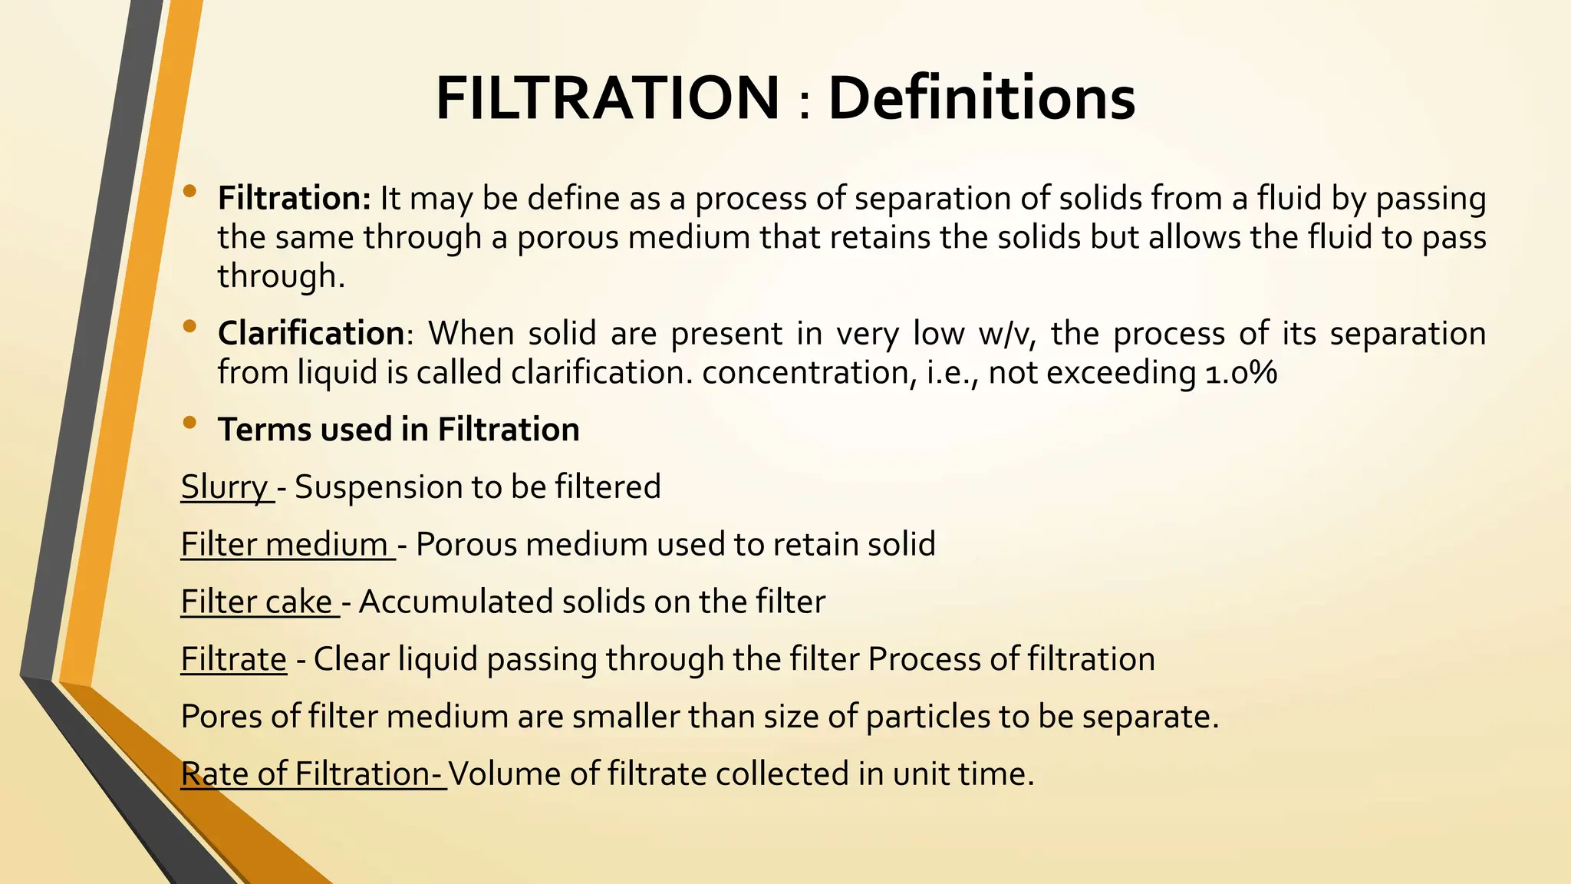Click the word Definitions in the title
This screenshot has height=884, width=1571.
pyautogui.click(x=981, y=98)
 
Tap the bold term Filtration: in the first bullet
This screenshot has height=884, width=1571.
pyautogui.click(x=295, y=198)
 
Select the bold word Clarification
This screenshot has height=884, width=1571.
pyautogui.click(x=311, y=333)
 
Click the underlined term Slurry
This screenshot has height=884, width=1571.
pyautogui.click(x=225, y=487)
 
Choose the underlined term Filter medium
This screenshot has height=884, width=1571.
pyautogui.click(x=285, y=545)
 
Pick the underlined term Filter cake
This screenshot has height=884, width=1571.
pyautogui.click(x=257, y=602)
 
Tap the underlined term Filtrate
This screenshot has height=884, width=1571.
pyautogui.click(x=233, y=660)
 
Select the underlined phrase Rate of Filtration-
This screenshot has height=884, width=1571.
pyautogui.click(x=311, y=774)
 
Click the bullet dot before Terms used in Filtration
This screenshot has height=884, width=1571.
pyautogui.click(x=190, y=422)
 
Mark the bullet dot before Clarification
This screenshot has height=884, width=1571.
pyautogui.click(x=190, y=327)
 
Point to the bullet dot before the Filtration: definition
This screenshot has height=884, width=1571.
pyautogui.click(x=190, y=192)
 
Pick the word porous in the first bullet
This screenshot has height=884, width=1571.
pyautogui.click(x=567, y=238)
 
